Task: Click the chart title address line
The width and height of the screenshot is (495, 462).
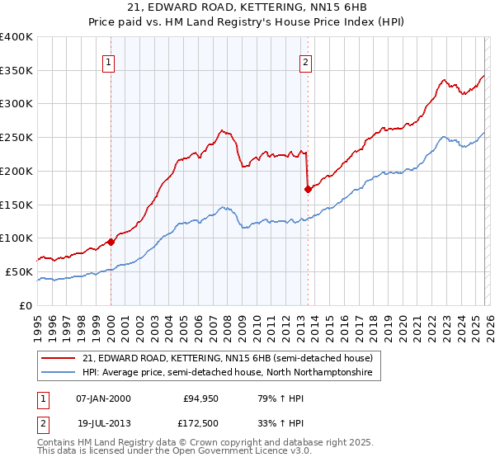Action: pyautogui.click(x=247, y=7)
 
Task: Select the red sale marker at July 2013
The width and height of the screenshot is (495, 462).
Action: pyautogui.click(x=308, y=189)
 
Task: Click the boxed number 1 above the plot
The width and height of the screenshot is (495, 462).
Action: pyautogui.click(x=110, y=60)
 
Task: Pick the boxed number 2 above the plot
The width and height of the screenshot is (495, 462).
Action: pyautogui.click(x=306, y=60)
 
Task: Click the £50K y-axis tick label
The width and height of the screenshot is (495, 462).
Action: pyautogui.click(x=19, y=271)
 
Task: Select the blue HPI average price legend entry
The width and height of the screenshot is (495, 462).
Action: pyautogui.click(x=228, y=373)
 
